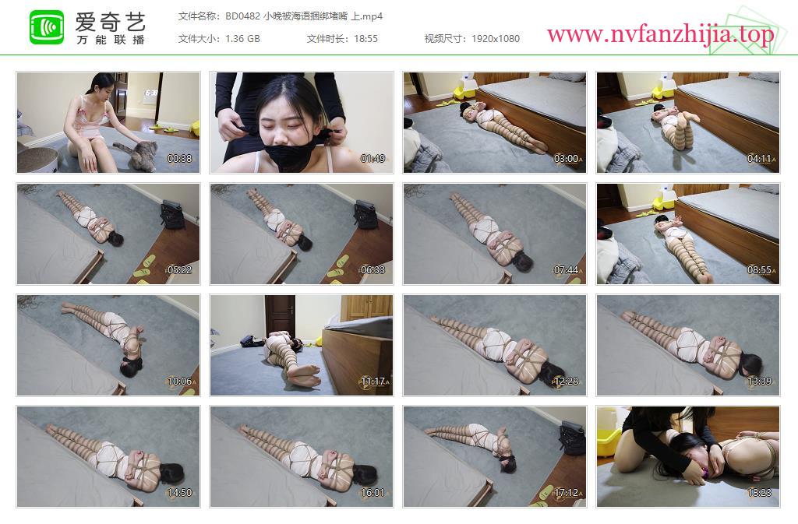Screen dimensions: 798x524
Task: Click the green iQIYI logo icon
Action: [x=47, y=27]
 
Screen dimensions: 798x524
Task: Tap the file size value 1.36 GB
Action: [x=243, y=39]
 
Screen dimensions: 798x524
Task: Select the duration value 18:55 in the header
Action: [x=366, y=39]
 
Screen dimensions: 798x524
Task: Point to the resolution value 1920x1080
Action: [x=496, y=39]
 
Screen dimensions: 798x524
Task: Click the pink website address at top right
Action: [x=660, y=34]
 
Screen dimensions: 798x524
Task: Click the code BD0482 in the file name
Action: [x=243, y=16]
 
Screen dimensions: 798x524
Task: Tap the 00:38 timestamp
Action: [x=180, y=159]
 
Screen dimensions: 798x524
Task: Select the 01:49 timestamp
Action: [x=373, y=159]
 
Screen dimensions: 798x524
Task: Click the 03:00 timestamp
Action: [x=566, y=159]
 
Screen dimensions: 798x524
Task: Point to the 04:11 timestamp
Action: [x=759, y=159]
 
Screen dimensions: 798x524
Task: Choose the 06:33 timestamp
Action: [x=373, y=270]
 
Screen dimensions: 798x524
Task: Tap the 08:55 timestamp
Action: [x=759, y=270]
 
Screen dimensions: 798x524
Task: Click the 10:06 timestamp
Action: [x=180, y=382]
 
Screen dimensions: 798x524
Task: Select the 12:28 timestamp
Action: [x=566, y=382]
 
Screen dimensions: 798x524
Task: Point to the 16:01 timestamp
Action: [x=373, y=493]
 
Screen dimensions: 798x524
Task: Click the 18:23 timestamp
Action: [x=759, y=493]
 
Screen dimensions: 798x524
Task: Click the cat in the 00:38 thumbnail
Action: [x=136, y=154]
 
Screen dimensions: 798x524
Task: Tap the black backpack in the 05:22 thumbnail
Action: [x=172, y=214]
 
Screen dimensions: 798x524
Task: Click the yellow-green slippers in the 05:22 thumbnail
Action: [x=146, y=268]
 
